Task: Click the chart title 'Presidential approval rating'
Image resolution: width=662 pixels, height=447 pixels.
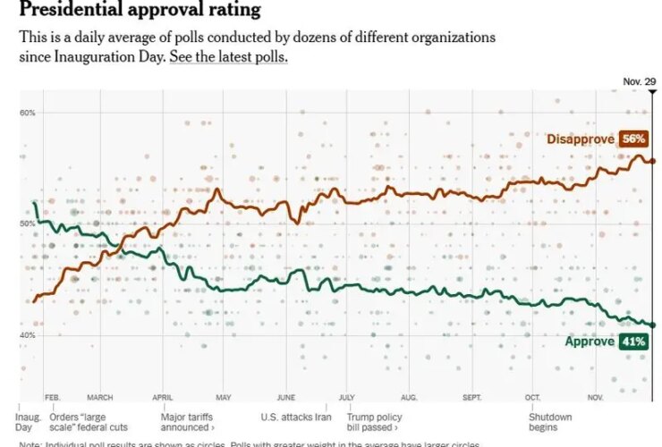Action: point(140,11)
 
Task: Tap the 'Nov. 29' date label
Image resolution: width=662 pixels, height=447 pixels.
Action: point(638,82)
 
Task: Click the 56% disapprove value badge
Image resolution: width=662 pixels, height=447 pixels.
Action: point(632,139)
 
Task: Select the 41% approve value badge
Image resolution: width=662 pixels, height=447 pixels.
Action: point(632,342)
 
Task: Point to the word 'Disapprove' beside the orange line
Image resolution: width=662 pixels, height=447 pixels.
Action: point(581,139)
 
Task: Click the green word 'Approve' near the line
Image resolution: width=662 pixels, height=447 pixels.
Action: point(590,342)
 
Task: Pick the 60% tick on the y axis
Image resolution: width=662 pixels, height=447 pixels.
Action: point(27,112)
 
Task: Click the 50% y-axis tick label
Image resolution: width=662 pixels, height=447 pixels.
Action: point(27,223)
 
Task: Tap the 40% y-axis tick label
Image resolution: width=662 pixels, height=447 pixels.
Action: point(27,334)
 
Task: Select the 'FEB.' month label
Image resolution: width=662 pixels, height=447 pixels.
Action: point(52,397)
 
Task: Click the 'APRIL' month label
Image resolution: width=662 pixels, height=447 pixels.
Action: point(162,397)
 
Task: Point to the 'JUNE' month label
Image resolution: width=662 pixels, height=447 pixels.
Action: point(286,397)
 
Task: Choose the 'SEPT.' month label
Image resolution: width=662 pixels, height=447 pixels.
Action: point(473,397)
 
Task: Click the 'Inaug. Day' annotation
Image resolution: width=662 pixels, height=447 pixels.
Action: point(29,422)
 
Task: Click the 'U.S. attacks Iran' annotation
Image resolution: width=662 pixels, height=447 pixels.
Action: point(296,417)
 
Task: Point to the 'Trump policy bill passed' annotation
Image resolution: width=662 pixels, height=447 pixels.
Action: point(373,422)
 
